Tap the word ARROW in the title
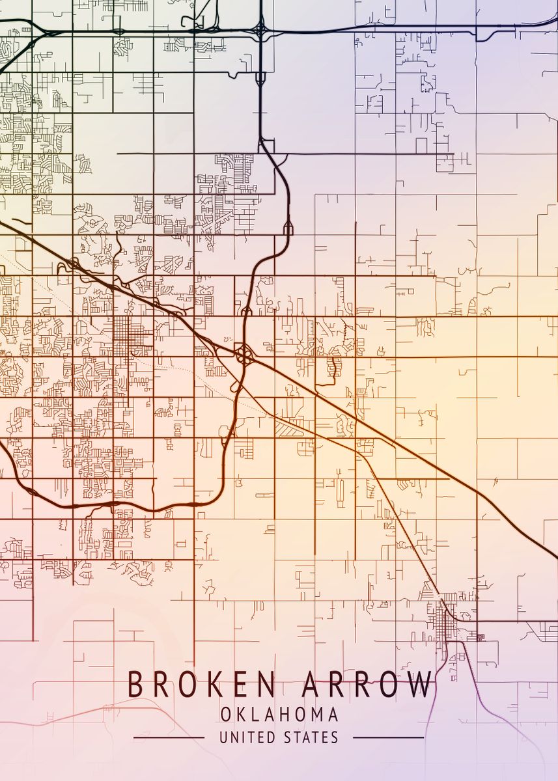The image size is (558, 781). point(367,685)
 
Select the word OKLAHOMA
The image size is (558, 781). point(279,715)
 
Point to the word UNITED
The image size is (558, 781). point(247,737)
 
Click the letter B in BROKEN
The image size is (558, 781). point(135,685)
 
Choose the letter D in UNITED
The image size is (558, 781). point(273,737)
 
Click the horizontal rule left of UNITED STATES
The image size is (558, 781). point(169,738)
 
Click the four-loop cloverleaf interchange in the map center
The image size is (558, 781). point(245,355)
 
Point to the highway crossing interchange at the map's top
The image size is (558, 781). point(260,30)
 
